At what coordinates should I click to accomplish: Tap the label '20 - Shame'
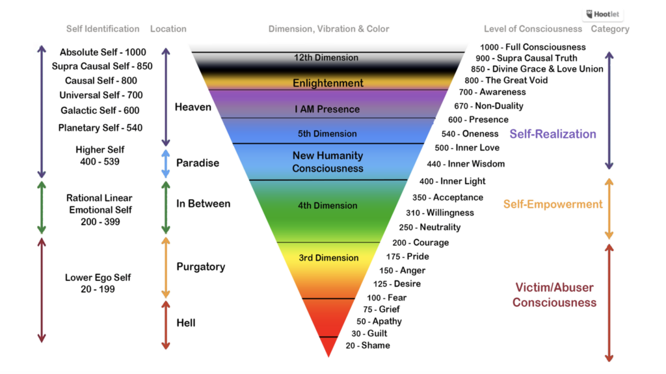click(368, 345)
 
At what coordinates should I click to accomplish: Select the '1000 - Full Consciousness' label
click(533, 47)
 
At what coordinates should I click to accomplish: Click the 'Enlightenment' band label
click(328, 83)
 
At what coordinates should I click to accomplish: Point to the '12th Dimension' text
click(326, 58)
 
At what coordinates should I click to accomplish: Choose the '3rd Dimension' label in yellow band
click(328, 258)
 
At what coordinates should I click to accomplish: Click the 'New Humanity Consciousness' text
click(328, 162)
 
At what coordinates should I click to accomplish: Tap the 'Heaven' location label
click(193, 107)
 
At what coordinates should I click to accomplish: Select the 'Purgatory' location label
click(200, 267)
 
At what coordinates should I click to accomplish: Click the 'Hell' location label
click(186, 323)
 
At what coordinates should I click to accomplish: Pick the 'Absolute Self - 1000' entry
click(103, 52)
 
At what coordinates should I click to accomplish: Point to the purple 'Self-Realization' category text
click(553, 134)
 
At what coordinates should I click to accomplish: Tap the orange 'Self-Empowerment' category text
click(553, 204)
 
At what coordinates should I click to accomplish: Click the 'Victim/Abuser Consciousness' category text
click(554, 295)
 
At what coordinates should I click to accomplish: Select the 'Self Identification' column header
click(103, 29)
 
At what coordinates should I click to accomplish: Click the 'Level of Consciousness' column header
click(533, 29)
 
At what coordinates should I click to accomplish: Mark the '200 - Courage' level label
click(420, 243)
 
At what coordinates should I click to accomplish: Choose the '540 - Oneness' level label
click(470, 134)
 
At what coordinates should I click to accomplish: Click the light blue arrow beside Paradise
click(166, 163)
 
